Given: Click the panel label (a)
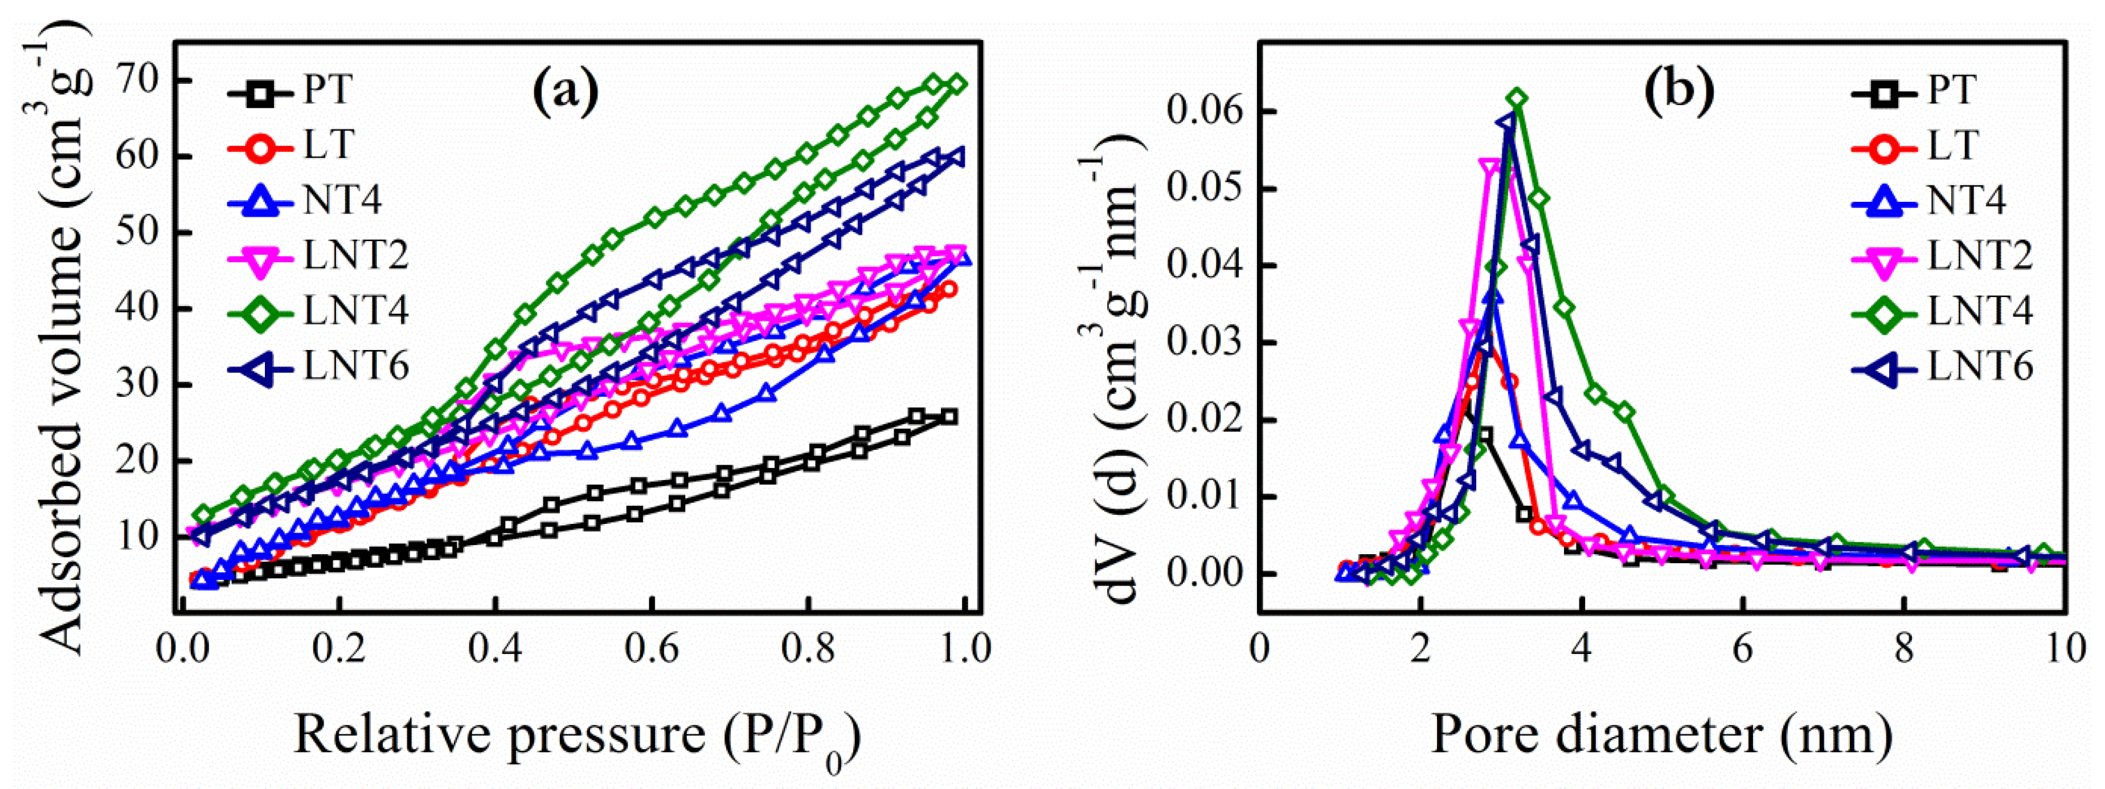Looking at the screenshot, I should tap(566, 90).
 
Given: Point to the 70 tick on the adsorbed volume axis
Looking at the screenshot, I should tap(141, 81).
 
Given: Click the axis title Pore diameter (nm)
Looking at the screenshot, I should tap(1662, 734).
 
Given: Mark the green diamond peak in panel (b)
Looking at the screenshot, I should tap(1517, 99).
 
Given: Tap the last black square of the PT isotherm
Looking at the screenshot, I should tap(949, 416).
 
